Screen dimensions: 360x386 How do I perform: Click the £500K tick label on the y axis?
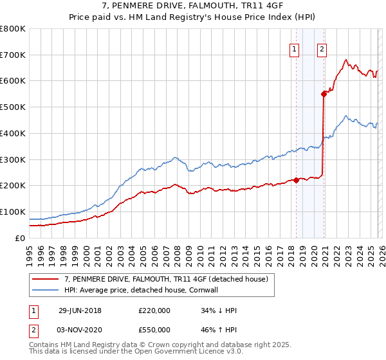pyautogui.click(x=13, y=107)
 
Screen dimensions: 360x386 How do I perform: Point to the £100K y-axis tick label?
pyautogui.click(x=13, y=212)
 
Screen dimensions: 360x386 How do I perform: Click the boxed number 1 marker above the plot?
pyautogui.click(x=295, y=48)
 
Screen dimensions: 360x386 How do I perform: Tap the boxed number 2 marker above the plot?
pyautogui.click(x=322, y=48)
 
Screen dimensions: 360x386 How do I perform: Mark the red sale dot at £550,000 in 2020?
pyautogui.click(x=324, y=94)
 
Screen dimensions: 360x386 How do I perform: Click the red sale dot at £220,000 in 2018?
pyautogui.click(x=297, y=180)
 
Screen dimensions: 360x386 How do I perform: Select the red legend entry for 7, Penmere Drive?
pyautogui.click(x=170, y=278)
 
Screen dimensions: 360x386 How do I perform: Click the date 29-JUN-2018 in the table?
pyautogui.click(x=80, y=310)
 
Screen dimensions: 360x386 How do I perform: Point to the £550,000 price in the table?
pyautogui.click(x=154, y=328)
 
